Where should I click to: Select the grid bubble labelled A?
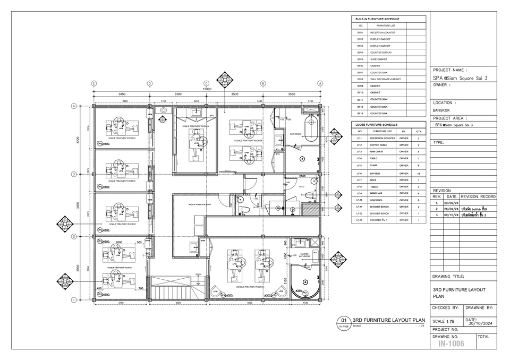coord(320,83)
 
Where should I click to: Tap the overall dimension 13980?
coord(207,89)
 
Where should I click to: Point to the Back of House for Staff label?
coord(192,204)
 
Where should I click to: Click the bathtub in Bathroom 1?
coord(311,129)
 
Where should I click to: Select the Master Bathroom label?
coord(304,255)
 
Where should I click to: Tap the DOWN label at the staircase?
coord(198,275)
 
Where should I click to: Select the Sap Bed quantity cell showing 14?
coord(419,174)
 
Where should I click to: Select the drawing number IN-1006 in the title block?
coord(451,344)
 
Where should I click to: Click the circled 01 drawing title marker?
coord(343,321)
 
